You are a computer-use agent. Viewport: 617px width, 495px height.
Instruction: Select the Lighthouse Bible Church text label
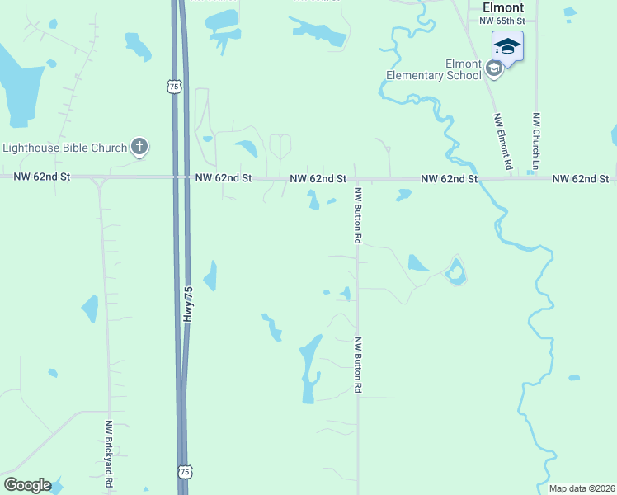[65, 148]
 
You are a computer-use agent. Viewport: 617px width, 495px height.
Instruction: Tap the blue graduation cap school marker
[507, 47]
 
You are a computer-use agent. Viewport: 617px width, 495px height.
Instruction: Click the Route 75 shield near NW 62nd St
[172, 86]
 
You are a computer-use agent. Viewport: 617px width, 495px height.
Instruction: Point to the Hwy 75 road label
[189, 304]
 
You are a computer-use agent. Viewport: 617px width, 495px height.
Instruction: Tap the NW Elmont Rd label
[500, 142]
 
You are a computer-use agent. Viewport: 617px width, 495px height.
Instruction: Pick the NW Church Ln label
[535, 142]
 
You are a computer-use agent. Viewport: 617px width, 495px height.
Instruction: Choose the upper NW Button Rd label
[358, 216]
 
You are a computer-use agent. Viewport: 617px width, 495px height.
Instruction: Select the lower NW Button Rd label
[358, 364]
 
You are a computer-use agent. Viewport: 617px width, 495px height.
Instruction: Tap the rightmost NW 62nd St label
[581, 178]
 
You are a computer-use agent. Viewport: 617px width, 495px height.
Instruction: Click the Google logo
[27, 485]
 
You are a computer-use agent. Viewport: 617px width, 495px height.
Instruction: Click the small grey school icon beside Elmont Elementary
[494, 68]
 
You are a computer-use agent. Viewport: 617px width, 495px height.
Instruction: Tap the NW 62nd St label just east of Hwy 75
[224, 177]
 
